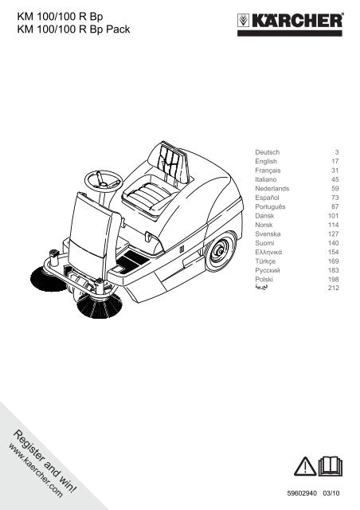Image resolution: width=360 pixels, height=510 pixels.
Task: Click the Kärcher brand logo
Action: (290, 24)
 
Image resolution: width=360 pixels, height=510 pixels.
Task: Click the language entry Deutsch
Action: (267, 152)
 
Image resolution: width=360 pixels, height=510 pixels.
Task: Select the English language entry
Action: (266, 161)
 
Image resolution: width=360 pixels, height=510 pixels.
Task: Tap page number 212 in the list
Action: (334, 288)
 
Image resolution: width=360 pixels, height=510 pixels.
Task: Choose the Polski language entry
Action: (264, 279)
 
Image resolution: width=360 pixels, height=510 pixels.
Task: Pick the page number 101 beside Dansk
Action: (334, 216)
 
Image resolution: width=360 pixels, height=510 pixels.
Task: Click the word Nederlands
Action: (272, 188)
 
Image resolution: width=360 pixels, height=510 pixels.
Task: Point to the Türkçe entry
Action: (265, 261)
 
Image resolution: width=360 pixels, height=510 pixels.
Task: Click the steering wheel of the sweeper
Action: (104, 180)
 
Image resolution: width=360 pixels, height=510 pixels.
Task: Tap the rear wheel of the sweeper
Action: (221, 251)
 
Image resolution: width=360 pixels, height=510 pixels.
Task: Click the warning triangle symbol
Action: (305, 466)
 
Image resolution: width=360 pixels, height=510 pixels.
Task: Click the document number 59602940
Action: (302, 493)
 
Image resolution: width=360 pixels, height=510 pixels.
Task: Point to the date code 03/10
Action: (331, 493)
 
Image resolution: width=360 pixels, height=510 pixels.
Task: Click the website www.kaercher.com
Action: (35, 470)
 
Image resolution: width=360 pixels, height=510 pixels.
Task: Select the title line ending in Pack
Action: (73, 29)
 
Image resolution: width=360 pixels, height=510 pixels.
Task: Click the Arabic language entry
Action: (262, 287)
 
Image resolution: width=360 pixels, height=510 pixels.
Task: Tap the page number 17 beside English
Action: (335, 161)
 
